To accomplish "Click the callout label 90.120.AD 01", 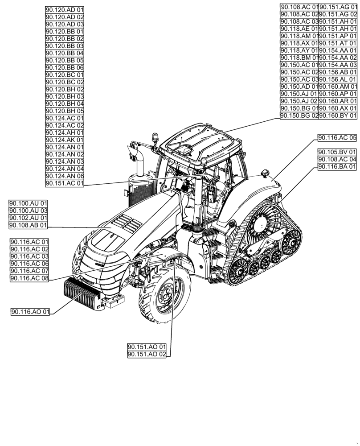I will click(x=65, y=10).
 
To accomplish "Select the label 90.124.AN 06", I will click(x=65, y=176).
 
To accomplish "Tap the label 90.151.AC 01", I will click(x=65, y=183).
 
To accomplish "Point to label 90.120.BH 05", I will click(x=65, y=111).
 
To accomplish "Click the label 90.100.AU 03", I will click(x=28, y=211).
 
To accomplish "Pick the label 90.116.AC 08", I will click(x=29, y=278).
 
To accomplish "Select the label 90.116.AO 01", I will click(x=30, y=312).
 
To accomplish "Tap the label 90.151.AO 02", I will click(x=147, y=354).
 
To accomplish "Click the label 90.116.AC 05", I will click(x=337, y=137).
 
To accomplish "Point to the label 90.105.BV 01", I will click(x=337, y=152).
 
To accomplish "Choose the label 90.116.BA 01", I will click(x=337, y=166).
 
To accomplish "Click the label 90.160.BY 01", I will click(x=338, y=116).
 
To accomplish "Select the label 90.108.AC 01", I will click(x=299, y=7).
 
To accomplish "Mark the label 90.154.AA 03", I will click(x=338, y=65).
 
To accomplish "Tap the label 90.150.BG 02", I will click(x=299, y=116).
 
